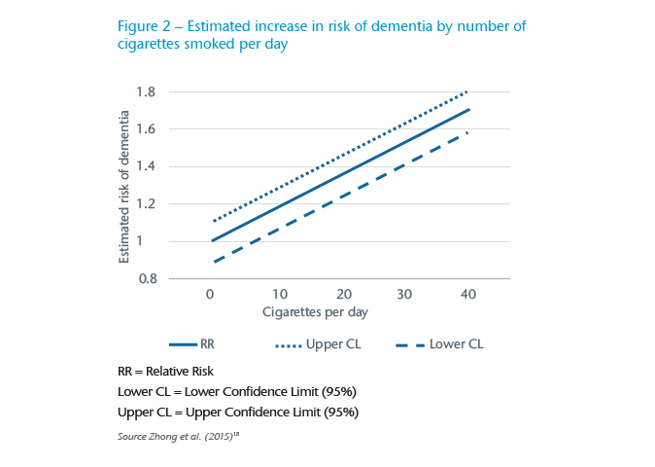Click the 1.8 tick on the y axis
[146, 92]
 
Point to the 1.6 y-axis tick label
[146, 129]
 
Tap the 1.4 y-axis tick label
[146, 166]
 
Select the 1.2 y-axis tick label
[146, 204]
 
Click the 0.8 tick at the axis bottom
[146, 279]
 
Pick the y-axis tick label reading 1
[151, 241]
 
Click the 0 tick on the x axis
[210, 295]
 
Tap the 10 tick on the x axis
[279, 295]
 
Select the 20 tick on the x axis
[343, 295]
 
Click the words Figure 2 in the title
[148, 26]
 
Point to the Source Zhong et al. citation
[178, 435]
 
